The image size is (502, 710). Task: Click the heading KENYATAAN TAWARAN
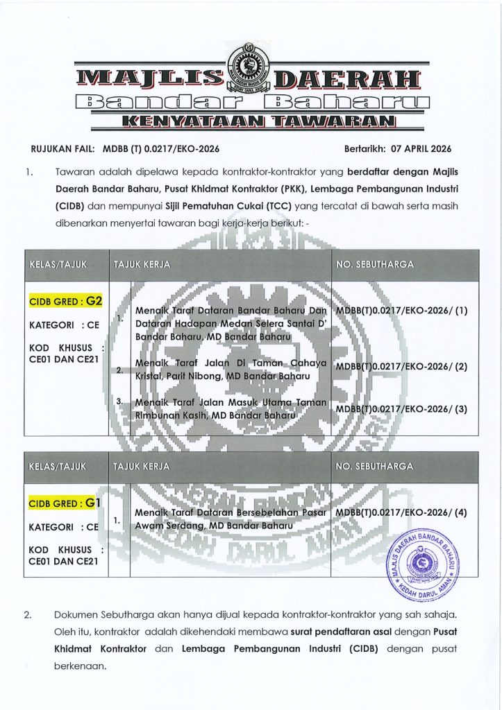pos(251,123)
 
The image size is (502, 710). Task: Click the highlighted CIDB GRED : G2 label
pos(66,302)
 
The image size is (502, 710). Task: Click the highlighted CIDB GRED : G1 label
pos(66,501)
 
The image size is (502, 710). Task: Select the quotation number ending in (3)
pos(401,408)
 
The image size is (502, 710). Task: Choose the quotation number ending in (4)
pos(401,512)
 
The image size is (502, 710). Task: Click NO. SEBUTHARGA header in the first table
pos(375,264)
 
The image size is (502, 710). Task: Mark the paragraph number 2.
pos(28,616)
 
